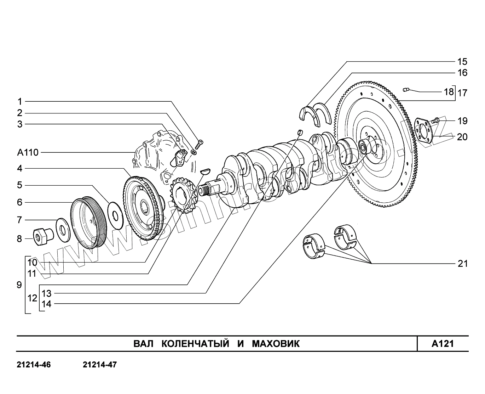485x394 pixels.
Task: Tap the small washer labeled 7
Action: tap(63, 230)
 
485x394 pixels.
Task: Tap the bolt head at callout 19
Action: tap(436, 120)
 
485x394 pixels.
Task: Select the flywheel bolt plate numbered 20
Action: tap(423, 131)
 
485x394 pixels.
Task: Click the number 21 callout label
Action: tap(462, 264)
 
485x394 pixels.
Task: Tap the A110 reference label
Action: tap(28, 153)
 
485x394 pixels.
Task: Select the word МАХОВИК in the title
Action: tap(276, 344)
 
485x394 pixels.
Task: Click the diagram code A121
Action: tap(443, 344)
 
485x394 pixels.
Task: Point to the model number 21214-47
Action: tap(99, 365)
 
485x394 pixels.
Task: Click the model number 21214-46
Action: tap(34, 365)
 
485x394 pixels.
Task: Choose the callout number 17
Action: tap(462, 93)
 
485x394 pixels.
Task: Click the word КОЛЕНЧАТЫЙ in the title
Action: tap(191, 344)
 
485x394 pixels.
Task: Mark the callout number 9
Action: tap(19, 285)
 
